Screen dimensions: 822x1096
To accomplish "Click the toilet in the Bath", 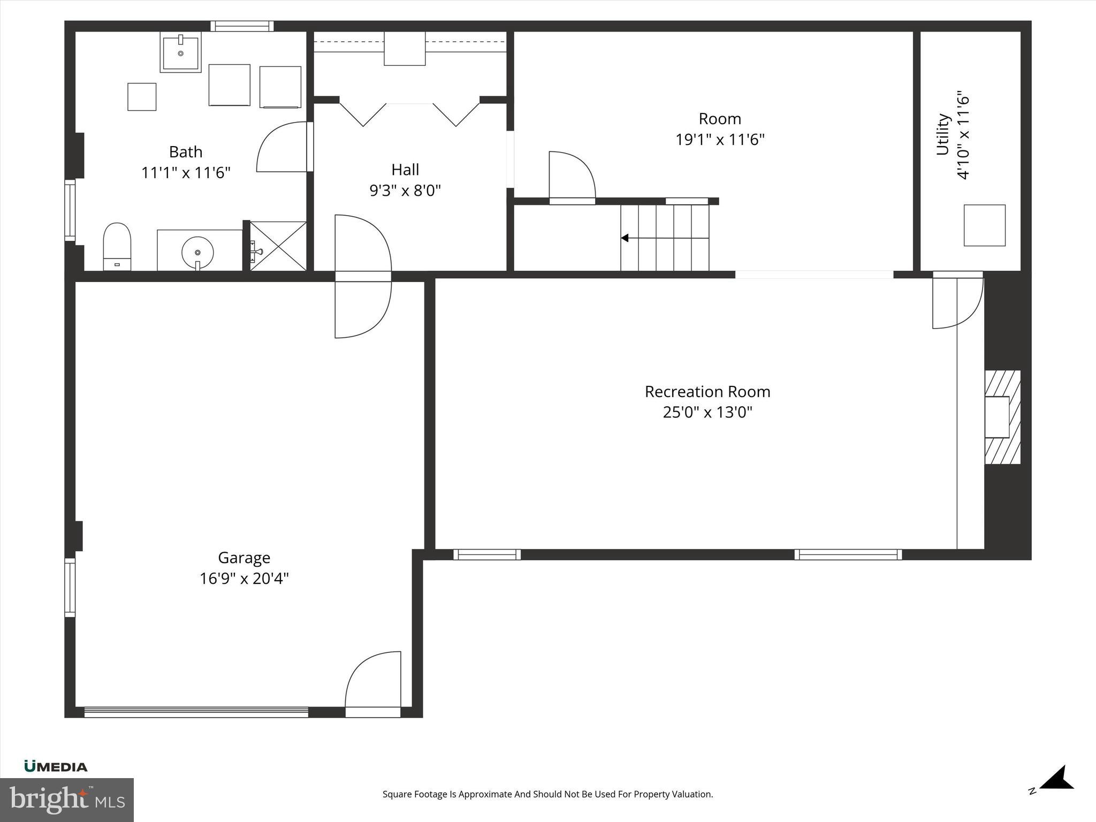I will [117, 246].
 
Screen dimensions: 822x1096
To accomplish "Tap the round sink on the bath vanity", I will [197, 252].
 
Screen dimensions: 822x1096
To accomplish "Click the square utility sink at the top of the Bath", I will [180, 52].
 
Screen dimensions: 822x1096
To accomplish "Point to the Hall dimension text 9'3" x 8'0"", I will [405, 191].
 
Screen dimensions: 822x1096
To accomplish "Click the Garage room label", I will [244, 558].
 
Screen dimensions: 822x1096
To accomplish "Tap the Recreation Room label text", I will [707, 392].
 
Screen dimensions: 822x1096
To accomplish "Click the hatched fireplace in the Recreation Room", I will [1002, 417].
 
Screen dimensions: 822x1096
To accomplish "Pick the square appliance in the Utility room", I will [984, 225].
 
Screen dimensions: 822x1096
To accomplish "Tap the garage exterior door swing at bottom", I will [374, 682].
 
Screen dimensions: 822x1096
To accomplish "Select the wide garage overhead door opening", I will [196, 712].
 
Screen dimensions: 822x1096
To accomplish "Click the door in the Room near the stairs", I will [572, 177].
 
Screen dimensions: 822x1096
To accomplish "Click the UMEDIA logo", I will [56, 767].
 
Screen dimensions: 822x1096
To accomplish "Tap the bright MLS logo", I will [66, 800].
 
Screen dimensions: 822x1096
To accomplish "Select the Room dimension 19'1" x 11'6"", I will [719, 140].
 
